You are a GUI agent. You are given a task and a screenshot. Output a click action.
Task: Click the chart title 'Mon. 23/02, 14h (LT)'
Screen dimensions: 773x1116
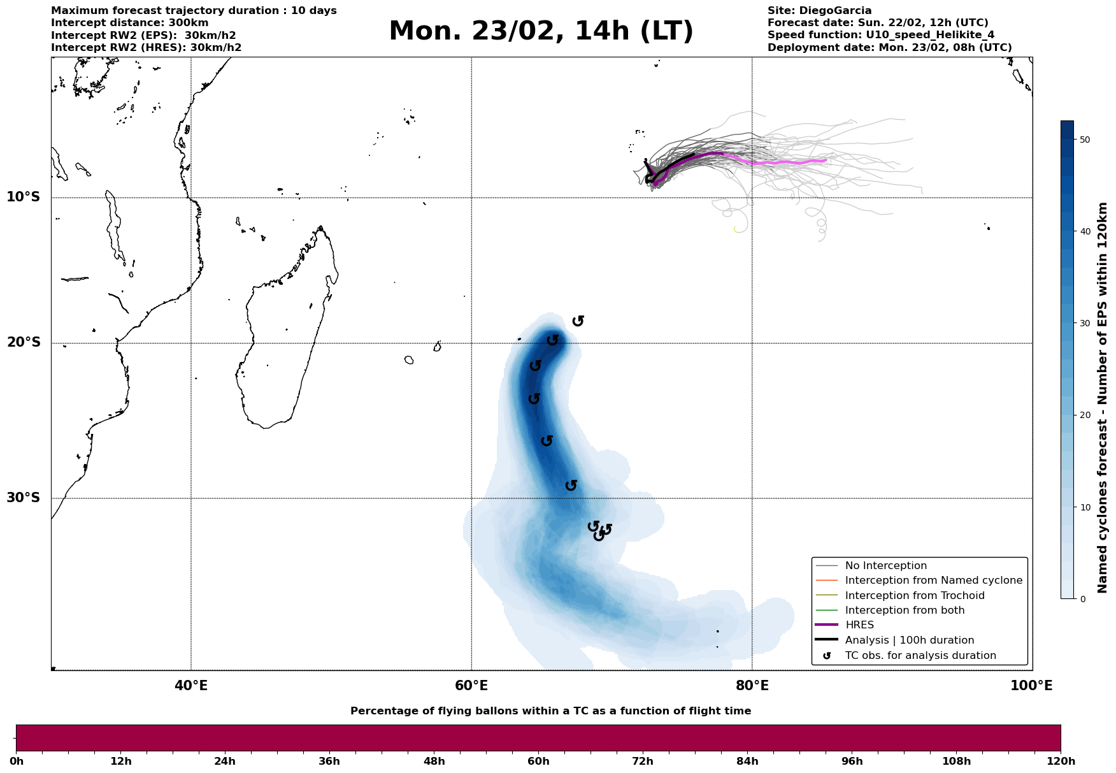coord(541,32)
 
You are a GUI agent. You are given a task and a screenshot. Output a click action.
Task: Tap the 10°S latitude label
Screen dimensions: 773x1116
coord(24,197)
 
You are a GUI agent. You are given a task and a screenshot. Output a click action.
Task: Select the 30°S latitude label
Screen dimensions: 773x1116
coord(24,498)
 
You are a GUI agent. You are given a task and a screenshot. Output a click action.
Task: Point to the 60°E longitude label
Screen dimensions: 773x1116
coord(471,686)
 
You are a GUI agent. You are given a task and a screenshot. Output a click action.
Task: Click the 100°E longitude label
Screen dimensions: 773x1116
coord(1031,686)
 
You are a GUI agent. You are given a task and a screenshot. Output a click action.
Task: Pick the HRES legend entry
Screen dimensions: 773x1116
coord(859,625)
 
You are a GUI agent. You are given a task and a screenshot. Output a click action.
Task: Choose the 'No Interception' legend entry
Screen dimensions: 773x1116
coord(885,566)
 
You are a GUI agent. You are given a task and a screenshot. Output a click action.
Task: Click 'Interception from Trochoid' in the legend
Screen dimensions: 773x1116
coord(915,596)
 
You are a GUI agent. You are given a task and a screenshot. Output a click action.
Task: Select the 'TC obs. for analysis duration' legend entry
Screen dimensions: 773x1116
coord(920,656)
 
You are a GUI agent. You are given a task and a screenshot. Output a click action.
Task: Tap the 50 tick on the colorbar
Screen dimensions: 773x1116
coord(1084,140)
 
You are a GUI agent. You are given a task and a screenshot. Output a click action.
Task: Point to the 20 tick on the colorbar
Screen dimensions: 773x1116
coord(1084,415)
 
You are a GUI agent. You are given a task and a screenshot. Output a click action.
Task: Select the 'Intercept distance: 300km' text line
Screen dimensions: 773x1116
coord(130,23)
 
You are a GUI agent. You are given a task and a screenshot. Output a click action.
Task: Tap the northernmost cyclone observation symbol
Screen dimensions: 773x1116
coord(578,321)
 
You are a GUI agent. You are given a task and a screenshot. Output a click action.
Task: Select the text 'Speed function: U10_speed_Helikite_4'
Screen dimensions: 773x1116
coord(881,35)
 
